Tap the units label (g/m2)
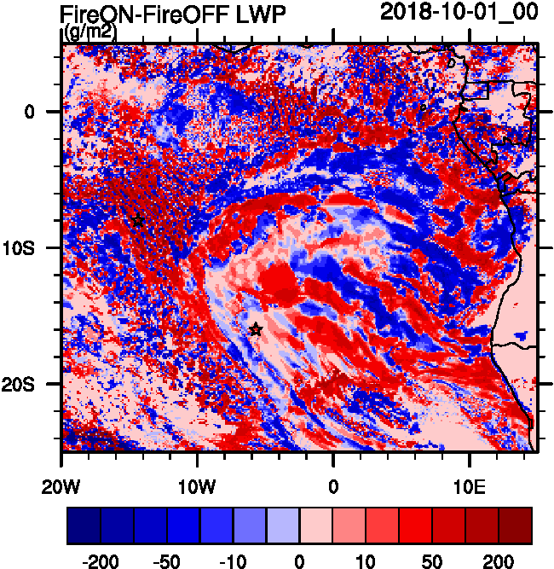pos(89,32)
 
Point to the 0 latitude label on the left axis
pos(29,112)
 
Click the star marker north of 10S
pos(138,221)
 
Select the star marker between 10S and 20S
pos(255,329)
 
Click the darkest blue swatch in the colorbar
pos(84,525)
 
